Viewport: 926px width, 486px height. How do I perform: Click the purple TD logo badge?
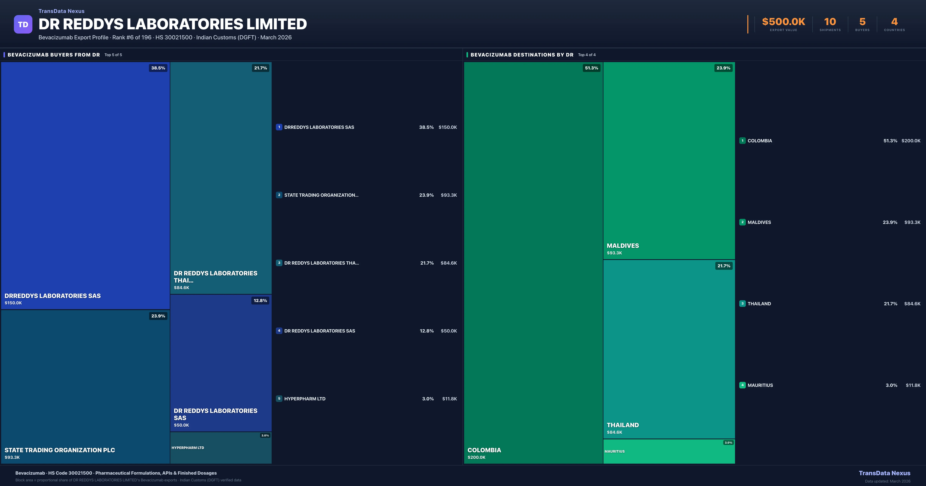pyautogui.click(x=23, y=24)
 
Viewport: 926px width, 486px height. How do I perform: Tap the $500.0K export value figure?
pyautogui.click(x=783, y=22)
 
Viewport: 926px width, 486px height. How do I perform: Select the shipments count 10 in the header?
pyautogui.click(x=830, y=22)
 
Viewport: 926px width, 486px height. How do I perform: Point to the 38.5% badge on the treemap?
pyautogui.click(x=158, y=68)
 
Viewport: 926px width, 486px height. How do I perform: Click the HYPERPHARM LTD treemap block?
pyautogui.click(x=221, y=448)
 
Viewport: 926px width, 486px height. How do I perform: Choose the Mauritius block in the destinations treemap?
pyautogui.click(x=669, y=451)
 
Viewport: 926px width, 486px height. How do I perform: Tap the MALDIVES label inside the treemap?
pyautogui.click(x=623, y=246)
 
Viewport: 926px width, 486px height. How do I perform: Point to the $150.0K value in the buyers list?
pyautogui.click(x=448, y=127)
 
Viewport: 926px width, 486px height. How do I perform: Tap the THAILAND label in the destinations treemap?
pyautogui.click(x=623, y=425)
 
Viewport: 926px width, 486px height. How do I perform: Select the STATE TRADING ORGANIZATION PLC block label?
pyautogui.click(x=60, y=450)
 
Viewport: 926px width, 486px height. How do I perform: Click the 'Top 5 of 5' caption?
pyautogui.click(x=113, y=55)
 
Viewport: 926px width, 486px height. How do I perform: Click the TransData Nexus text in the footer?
pyautogui.click(x=884, y=473)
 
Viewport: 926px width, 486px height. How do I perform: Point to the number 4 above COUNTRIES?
pyautogui.click(x=894, y=22)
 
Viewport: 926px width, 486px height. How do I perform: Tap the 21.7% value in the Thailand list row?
pyautogui.click(x=891, y=304)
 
